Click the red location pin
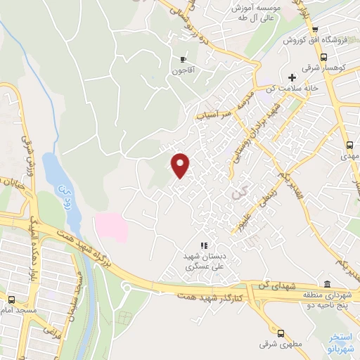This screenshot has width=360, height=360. (181, 164)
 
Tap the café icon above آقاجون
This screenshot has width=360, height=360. (185, 59)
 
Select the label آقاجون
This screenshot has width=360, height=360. (185, 71)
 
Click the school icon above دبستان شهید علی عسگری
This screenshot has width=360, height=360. (203, 245)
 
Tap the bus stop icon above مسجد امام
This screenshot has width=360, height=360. (11, 299)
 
